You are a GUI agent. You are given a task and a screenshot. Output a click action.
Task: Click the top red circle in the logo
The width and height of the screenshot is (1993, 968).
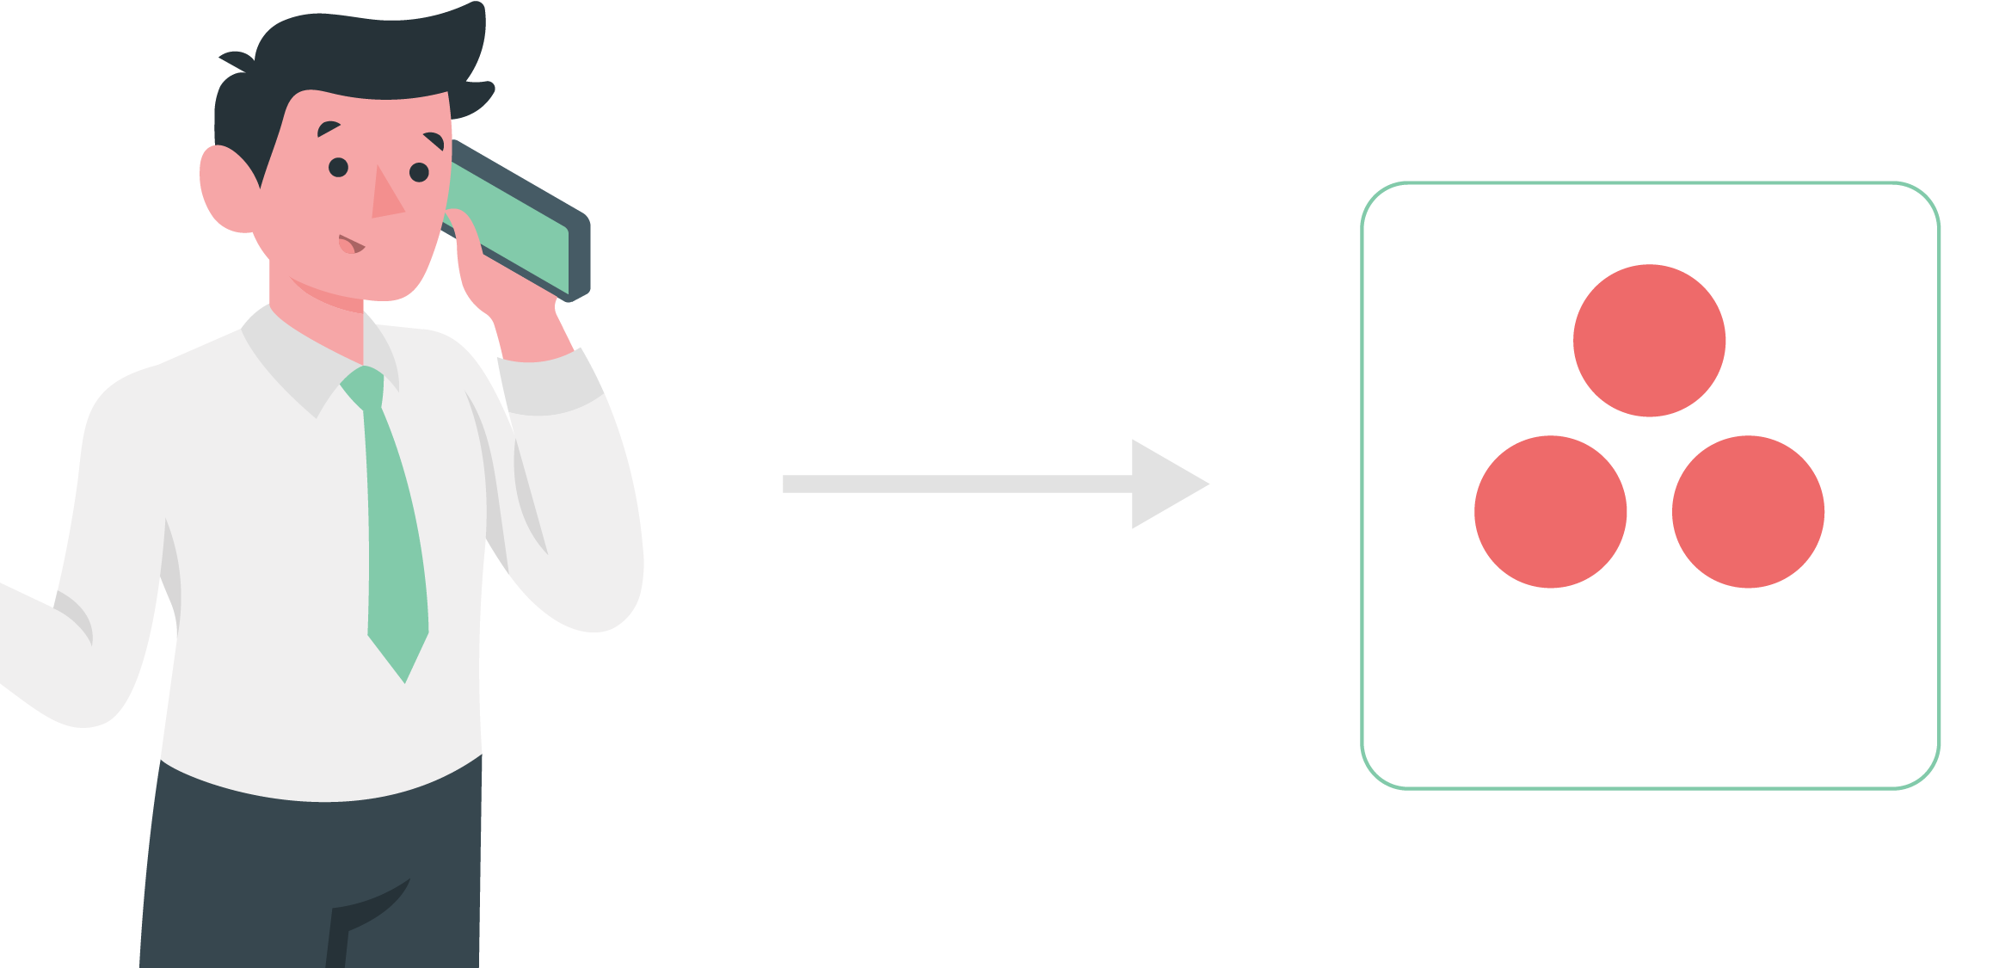(1649, 341)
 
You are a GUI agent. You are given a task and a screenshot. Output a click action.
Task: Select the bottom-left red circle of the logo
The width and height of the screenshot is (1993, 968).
(1550, 512)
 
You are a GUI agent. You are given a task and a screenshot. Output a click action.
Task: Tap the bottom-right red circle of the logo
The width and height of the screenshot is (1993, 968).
(1748, 512)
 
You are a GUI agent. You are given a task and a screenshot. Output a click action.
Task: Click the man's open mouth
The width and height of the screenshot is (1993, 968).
(351, 245)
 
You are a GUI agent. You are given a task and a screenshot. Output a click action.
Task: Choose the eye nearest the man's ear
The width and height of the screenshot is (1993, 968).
(338, 167)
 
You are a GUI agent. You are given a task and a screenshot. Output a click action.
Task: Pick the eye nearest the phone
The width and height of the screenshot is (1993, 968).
(419, 172)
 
